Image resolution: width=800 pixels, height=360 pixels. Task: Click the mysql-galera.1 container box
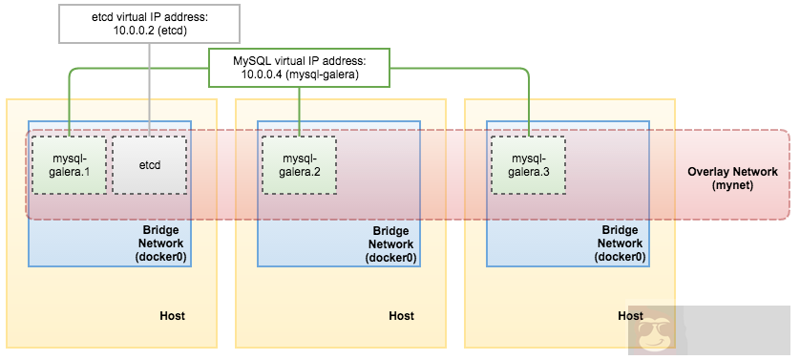click(x=70, y=164)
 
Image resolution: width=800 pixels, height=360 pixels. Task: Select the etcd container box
click(x=150, y=164)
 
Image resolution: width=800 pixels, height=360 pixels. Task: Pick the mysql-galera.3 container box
click(x=527, y=164)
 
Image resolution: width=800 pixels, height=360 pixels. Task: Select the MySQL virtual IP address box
click(x=300, y=68)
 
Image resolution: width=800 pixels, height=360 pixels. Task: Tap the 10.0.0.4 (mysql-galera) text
click(x=300, y=74)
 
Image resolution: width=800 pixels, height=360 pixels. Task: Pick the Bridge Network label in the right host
click(x=621, y=244)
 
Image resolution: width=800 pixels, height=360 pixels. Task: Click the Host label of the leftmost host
click(x=172, y=315)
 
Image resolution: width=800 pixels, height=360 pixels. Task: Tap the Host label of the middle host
click(x=401, y=315)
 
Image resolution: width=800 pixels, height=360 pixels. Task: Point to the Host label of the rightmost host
click(x=630, y=315)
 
